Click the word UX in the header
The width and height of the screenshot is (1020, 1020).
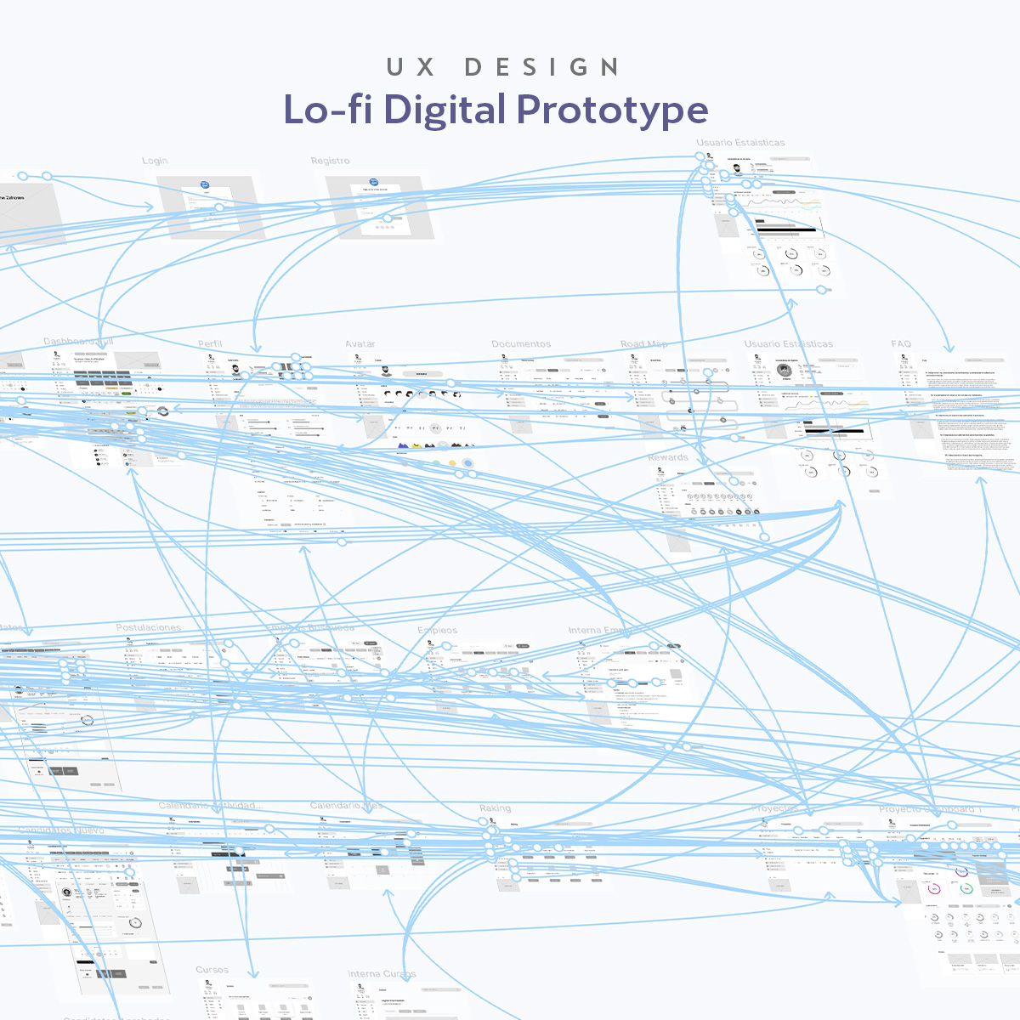pyautogui.click(x=411, y=67)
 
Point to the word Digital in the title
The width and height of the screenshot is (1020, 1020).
pyautogui.click(x=445, y=110)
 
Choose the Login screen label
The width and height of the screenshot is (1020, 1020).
pyautogui.click(x=155, y=161)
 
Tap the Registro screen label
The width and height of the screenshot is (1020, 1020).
pyautogui.click(x=330, y=161)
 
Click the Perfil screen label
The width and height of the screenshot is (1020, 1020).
pyautogui.click(x=210, y=344)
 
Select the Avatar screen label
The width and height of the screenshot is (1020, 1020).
pyautogui.click(x=360, y=344)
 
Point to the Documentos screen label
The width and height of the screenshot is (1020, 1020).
pyautogui.click(x=521, y=344)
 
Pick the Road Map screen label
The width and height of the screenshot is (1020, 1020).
pyautogui.click(x=643, y=344)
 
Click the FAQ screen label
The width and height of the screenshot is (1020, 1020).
pyautogui.click(x=901, y=344)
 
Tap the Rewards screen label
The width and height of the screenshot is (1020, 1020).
pyautogui.click(x=668, y=457)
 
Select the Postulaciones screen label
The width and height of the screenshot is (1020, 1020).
pyautogui.click(x=149, y=627)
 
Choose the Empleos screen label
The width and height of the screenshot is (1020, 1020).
pyautogui.click(x=438, y=630)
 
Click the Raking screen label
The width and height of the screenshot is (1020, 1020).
pyautogui.click(x=495, y=808)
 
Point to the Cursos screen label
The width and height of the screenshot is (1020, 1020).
pyautogui.click(x=212, y=970)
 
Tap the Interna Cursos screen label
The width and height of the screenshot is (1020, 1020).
pyautogui.click(x=382, y=974)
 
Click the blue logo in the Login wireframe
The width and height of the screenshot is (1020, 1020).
pyautogui.click(x=205, y=184)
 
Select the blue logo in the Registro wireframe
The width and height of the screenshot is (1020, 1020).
pyautogui.click(x=373, y=181)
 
